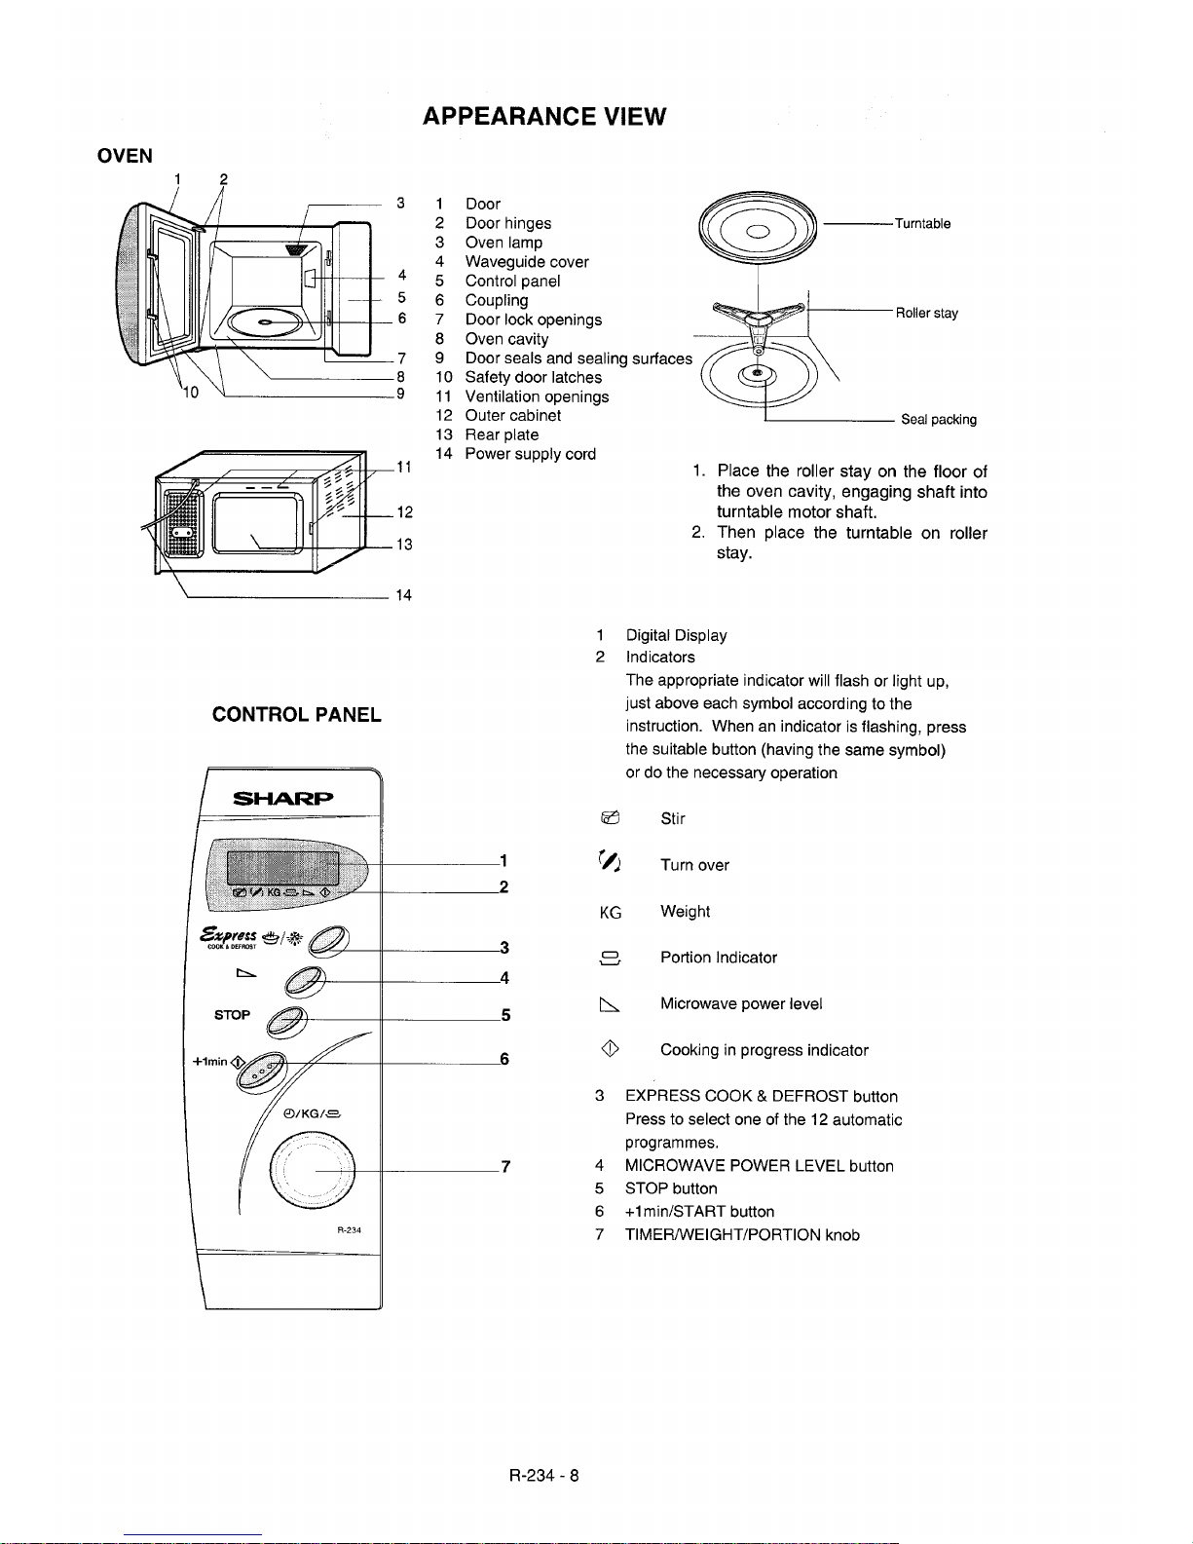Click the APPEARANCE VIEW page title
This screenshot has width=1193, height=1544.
point(544,117)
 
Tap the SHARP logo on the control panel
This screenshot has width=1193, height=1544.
point(283,800)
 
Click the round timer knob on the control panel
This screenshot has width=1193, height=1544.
point(312,1168)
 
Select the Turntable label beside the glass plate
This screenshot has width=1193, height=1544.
point(922,224)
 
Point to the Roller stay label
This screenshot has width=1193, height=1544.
point(927,314)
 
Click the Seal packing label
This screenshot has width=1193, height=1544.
point(938,420)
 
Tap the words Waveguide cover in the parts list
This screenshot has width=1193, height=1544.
point(526,262)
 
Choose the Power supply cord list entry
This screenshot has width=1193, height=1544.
point(530,454)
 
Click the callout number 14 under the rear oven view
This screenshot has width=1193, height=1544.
point(404,595)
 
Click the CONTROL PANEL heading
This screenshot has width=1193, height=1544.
point(297,715)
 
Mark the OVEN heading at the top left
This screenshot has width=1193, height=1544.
point(125,156)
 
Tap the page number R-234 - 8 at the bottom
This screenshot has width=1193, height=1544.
point(544,1475)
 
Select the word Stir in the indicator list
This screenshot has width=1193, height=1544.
point(673,819)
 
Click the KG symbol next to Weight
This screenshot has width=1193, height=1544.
point(611,912)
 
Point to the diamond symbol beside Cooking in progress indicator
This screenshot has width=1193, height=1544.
point(612,1049)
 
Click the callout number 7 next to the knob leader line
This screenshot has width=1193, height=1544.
point(504,1167)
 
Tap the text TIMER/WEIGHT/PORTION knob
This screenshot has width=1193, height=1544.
point(742,1235)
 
